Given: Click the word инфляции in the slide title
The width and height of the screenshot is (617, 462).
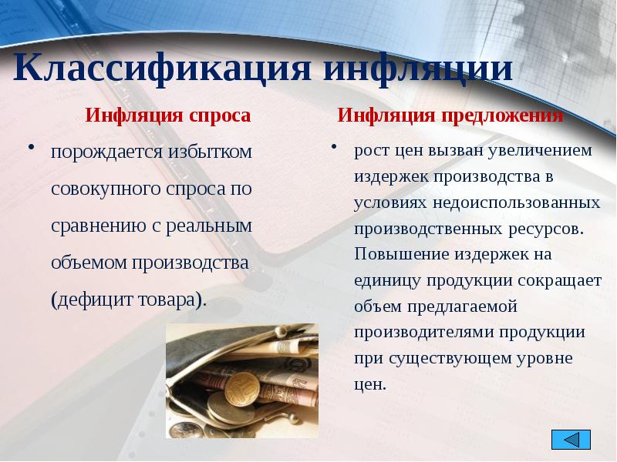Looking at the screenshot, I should (416, 69).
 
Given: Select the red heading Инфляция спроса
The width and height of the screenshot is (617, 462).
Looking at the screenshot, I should (167, 115).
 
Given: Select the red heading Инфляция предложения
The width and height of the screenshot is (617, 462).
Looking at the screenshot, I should (450, 115).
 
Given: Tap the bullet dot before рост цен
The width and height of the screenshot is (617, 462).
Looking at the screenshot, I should (335, 146).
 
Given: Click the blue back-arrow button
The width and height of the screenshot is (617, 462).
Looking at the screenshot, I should (571, 440).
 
